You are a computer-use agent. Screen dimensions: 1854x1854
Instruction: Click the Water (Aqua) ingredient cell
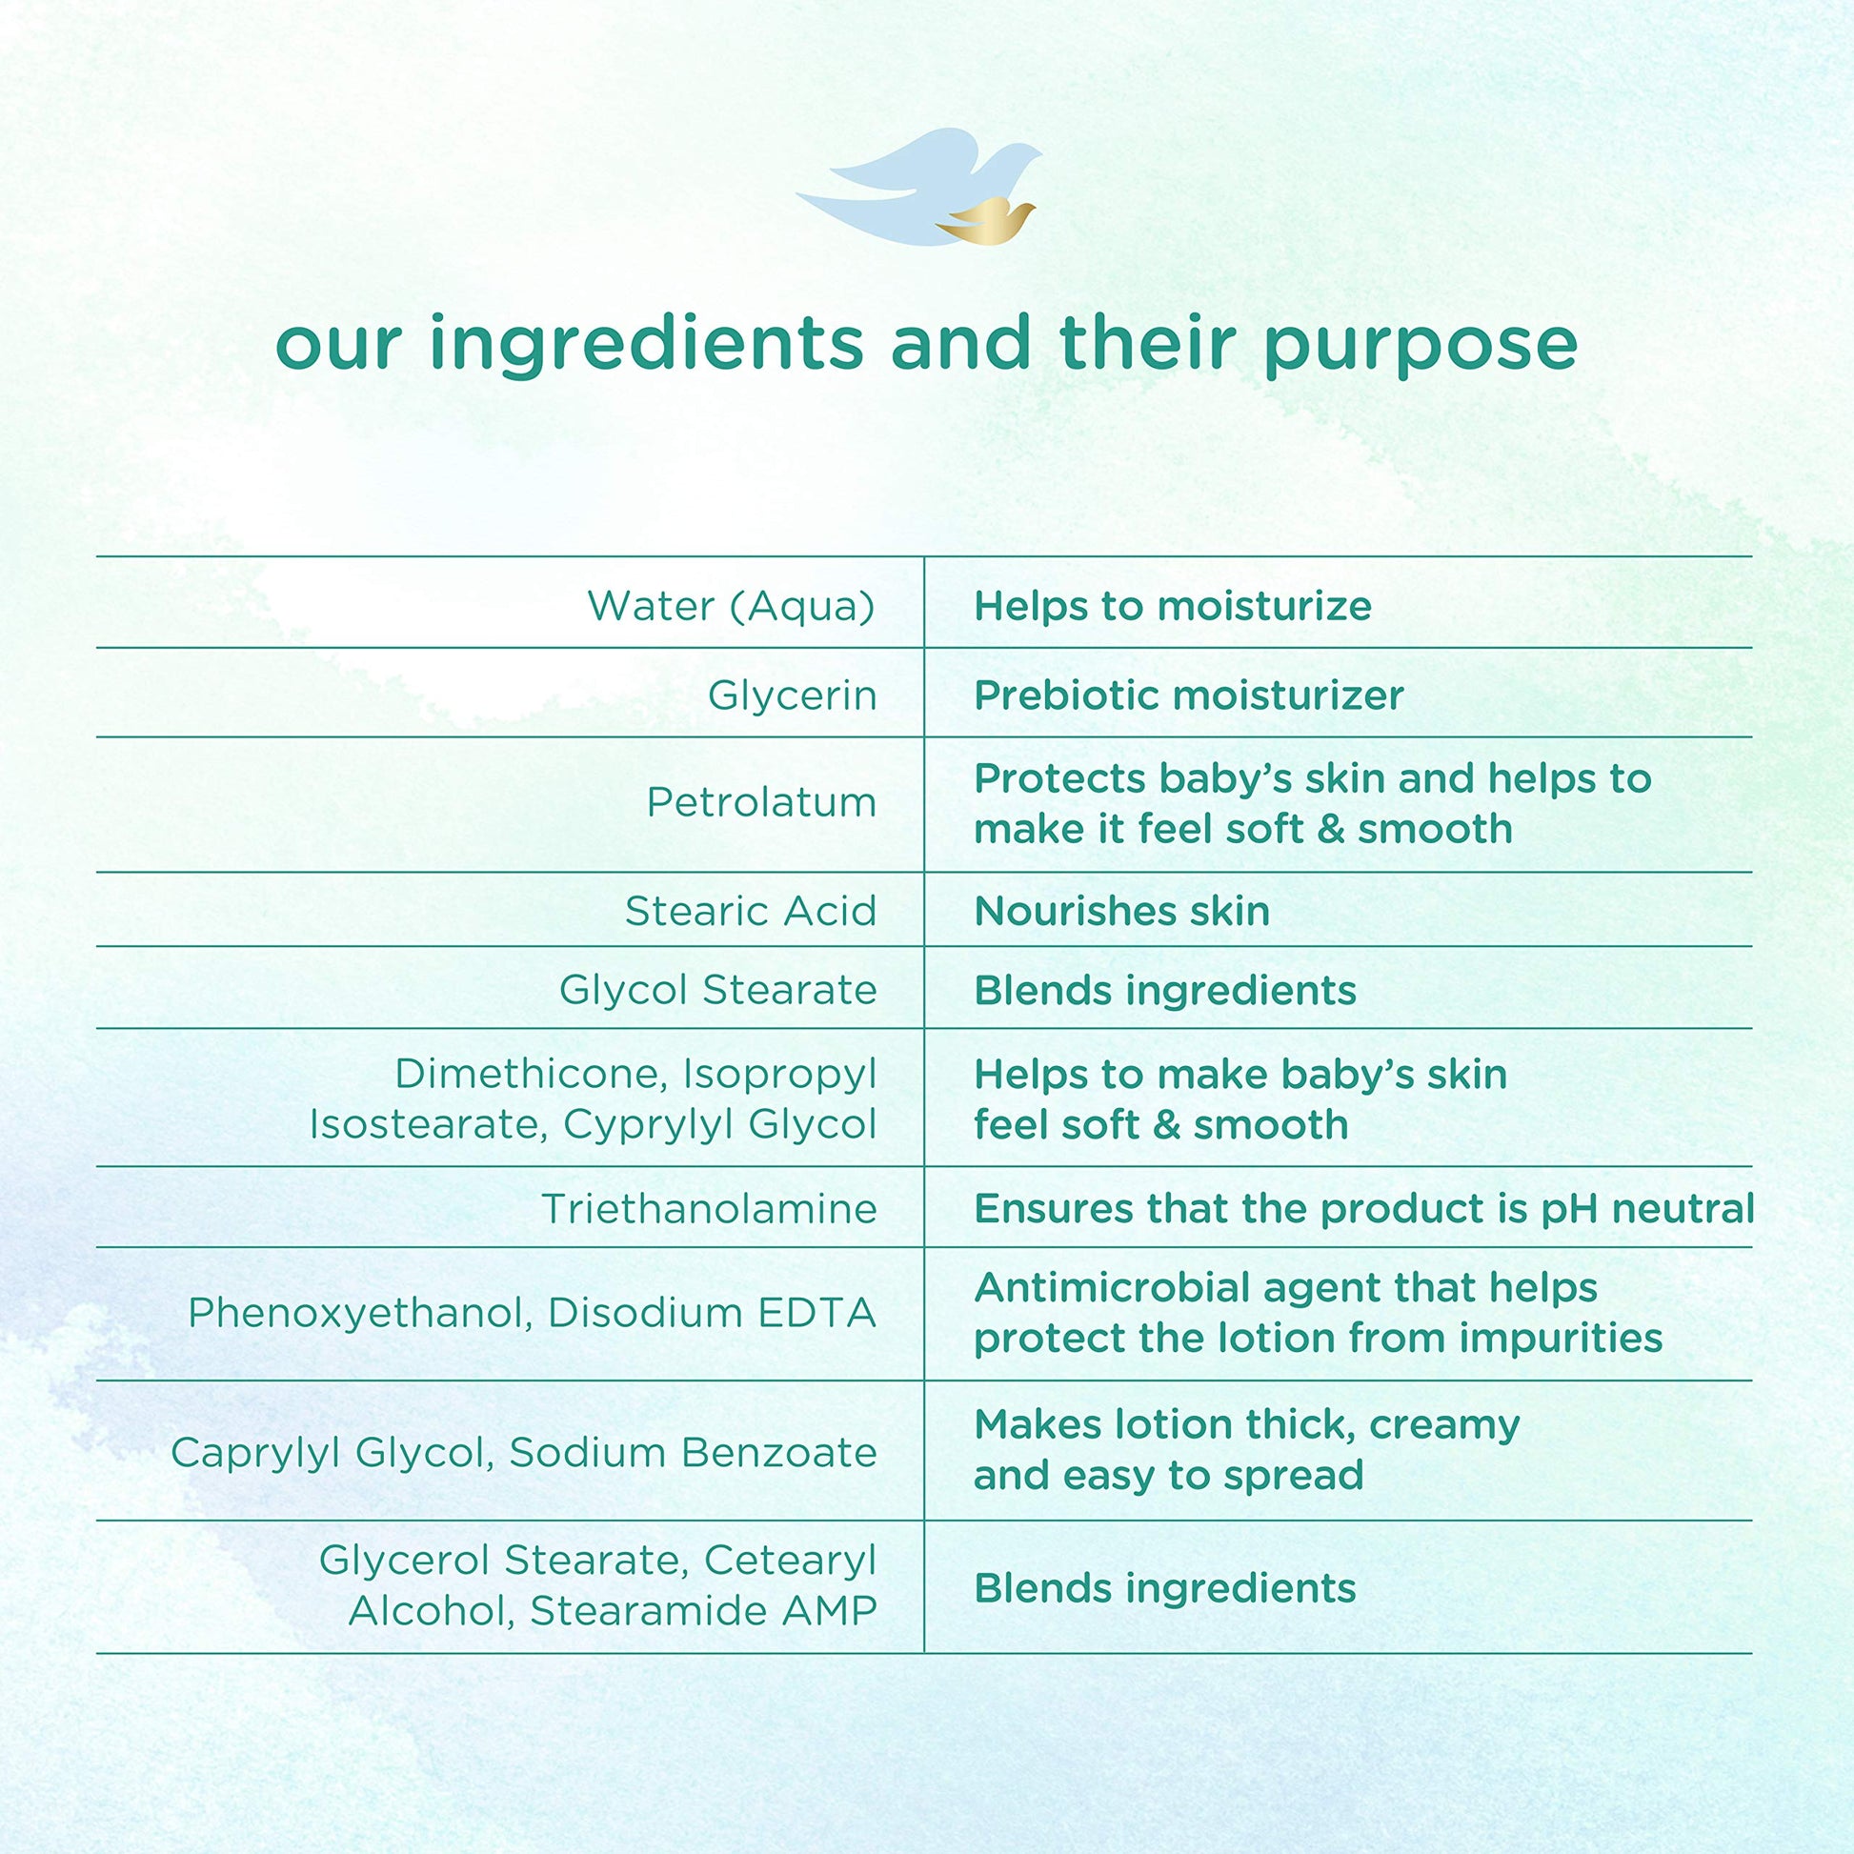click(732, 606)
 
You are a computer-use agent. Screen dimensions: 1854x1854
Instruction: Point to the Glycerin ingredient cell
click(793, 695)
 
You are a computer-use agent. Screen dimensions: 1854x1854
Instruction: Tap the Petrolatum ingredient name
click(762, 802)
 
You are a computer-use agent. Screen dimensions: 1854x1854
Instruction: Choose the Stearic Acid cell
click(752, 911)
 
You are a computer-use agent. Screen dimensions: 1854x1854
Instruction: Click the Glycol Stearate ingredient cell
click(718, 990)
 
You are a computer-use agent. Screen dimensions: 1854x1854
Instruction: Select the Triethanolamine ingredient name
click(709, 1208)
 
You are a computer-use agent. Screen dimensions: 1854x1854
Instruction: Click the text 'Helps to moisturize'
click(1173, 606)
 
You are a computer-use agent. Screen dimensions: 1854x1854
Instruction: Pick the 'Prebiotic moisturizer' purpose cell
click(1189, 695)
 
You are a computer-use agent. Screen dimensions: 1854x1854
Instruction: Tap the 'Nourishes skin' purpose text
click(1121, 911)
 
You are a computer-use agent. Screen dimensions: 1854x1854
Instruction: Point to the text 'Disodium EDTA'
click(712, 1313)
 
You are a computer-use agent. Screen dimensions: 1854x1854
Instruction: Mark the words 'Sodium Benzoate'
click(693, 1453)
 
